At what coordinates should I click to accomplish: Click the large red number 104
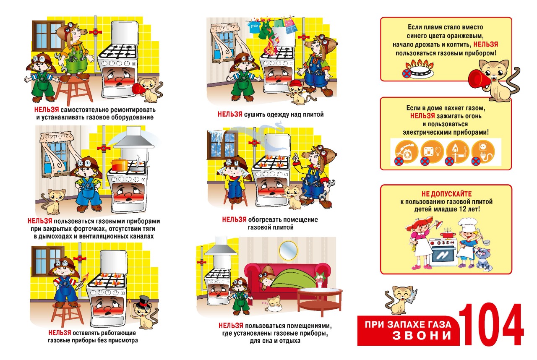pyautogui.click(x=491, y=325)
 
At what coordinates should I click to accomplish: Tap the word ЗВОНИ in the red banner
pyautogui.click(x=422, y=335)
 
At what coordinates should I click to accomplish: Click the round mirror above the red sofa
pyautogui.click(x=288, y=250)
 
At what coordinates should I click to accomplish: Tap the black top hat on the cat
pyautogui.click(x=143, y=302)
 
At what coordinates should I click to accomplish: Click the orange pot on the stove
pyautogui.click(x=120, y=164)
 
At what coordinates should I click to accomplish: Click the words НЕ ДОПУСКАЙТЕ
pyautogui.click(x=446, y=194)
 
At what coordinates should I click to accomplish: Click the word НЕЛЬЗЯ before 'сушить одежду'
pyautogui.click(x=230, y=114)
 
